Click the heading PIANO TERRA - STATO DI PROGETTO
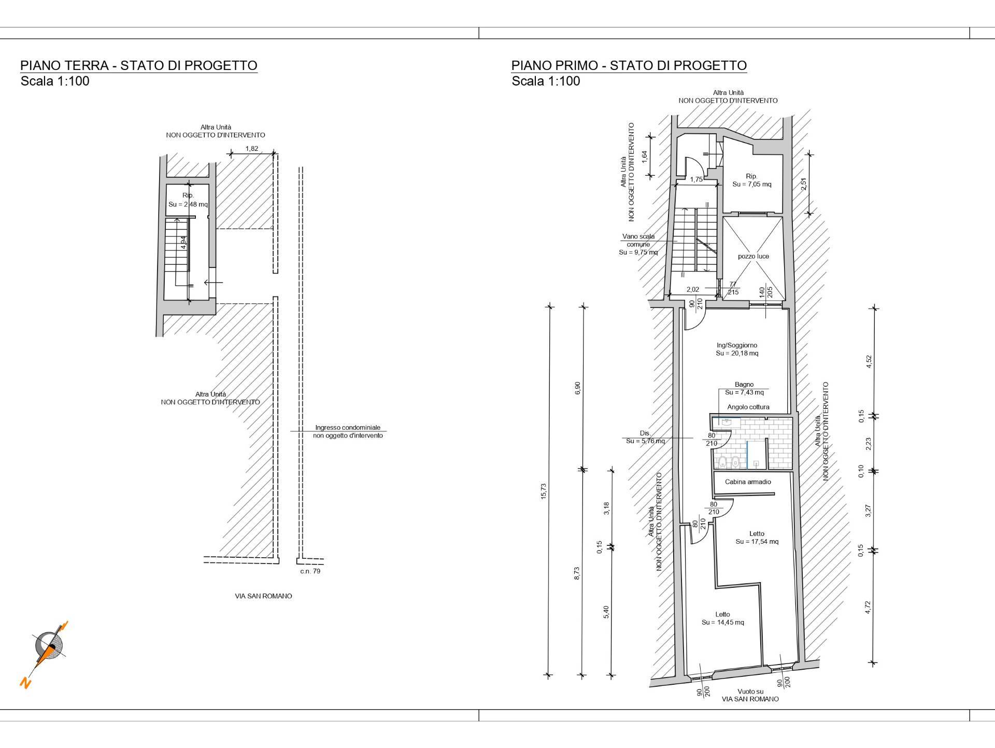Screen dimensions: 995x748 coord(139,65)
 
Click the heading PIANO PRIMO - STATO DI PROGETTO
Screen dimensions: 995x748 coord(629,65)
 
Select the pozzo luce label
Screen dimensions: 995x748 coord(754,256)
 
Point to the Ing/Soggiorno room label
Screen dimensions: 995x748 coord(737,345)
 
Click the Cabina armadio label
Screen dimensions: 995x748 coord(748,482)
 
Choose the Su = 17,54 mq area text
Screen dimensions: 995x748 coord(757,542)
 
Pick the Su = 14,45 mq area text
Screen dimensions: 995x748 coord(723,622)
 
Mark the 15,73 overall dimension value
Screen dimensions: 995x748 coord(543,491)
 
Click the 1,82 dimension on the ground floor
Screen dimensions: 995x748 coord(252,149)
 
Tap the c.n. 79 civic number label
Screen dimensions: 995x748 coord(310,571)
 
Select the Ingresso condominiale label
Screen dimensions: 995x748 coord(348,428)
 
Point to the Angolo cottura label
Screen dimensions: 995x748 coord(748,407)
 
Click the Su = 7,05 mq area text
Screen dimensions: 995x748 coord(752,184)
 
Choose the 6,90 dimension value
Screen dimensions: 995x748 coord(578,388)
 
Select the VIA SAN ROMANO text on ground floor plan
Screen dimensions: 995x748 coord(263,596)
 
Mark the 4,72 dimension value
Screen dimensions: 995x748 coord(868,608)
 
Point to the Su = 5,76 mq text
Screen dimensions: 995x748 coord(645,441)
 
